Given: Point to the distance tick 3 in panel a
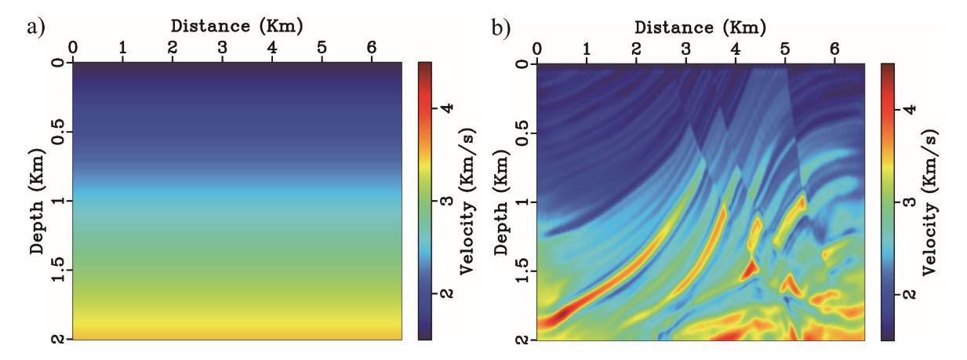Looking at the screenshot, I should [x=222, y=48].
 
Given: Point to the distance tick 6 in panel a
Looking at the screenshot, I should [x=372, y=48].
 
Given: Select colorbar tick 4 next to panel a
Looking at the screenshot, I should [x=446, y=110].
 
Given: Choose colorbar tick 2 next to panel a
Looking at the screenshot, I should [x=446, y=293].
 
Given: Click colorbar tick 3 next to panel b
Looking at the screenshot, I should [x=910, y=202].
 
